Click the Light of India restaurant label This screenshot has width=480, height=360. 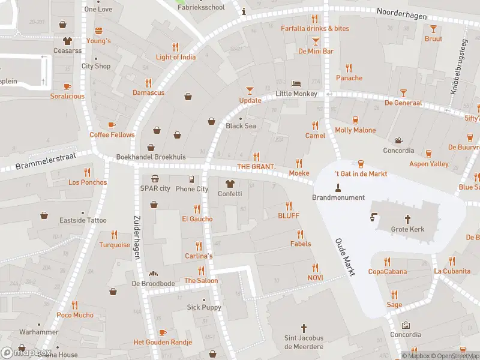tap(175, 57)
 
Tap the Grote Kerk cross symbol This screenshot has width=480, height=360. tap(408, 219)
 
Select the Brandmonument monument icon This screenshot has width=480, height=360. tap(338, 187)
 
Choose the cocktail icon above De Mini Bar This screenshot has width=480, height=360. tap(316, 41)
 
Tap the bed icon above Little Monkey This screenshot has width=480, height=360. tap(296, 83)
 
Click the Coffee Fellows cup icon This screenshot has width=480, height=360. tap(112, 124)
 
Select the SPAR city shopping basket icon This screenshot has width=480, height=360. tap(155, 178)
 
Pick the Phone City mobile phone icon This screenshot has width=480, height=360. tap(191, 179)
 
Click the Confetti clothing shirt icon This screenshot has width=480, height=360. tap(229, 184)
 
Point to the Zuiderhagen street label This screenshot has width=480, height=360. tap(136, 238)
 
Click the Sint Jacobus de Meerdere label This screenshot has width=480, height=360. tap(304, 343)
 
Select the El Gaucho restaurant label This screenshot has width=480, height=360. tap(197, 219)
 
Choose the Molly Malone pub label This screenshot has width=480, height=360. tap(355, 130)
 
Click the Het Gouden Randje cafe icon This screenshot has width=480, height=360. tap(162, 332)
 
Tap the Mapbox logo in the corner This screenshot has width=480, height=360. tap(26, 352)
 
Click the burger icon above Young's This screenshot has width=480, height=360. tap(98, 31)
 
